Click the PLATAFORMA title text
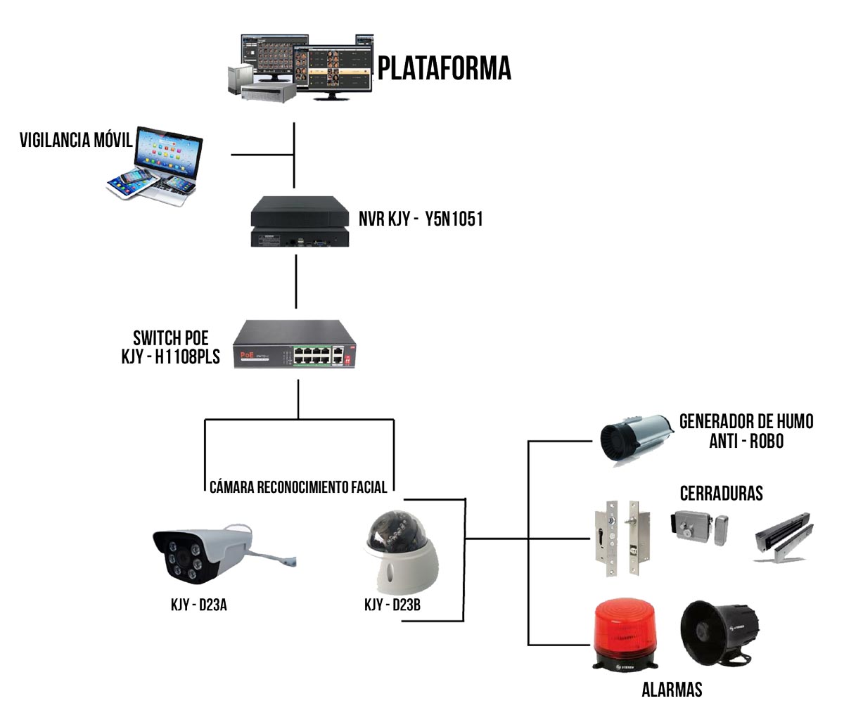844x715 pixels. (445, 68)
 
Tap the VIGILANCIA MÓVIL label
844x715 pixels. (77, 140)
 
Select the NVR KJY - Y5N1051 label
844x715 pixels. (421, 219)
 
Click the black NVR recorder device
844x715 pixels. (300, 221)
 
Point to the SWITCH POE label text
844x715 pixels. (171, 338)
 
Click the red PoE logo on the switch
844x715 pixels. (248, 355)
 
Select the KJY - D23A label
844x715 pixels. (199, 605)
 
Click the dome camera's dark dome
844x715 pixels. (397, 529)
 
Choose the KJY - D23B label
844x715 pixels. (392, 605)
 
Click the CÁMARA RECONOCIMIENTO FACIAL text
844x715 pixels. (298, 487)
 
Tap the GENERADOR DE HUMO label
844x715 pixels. (746, 422)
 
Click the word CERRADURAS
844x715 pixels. (722, 494)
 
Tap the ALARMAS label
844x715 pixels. (672, 690)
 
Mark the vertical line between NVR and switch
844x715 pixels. (296, 282)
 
